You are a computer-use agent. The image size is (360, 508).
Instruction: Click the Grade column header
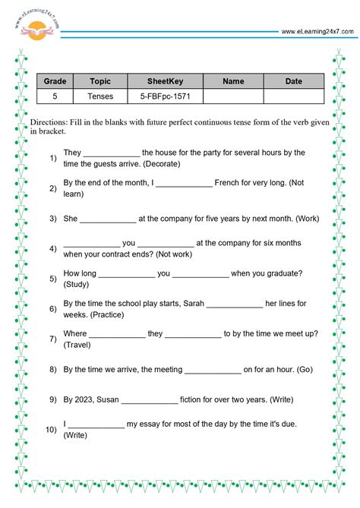click(x=55, y=81)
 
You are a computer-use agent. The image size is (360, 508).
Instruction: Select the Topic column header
click(x=100, y=81)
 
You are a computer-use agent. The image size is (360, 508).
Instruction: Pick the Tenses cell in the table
click(x=100, y=96)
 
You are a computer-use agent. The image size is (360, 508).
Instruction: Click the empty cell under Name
click(x=233, y=96)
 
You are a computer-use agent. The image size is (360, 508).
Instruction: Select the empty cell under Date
click(x=293, y=96)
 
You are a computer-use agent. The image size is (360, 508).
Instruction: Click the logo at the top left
click(x=34, y=29)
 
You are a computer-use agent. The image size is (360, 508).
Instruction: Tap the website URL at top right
click(x=317, y=32)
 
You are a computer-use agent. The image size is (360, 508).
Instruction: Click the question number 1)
click(x=53, y=158)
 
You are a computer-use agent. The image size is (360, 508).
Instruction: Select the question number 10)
click(x=52, y=430)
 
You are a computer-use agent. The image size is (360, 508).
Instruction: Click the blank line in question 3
click(x=108, y=219)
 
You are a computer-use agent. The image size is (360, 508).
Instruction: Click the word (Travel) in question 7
click(x=77, y=345)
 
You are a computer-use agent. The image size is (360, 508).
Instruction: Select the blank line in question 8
click(x=213, y=370)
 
